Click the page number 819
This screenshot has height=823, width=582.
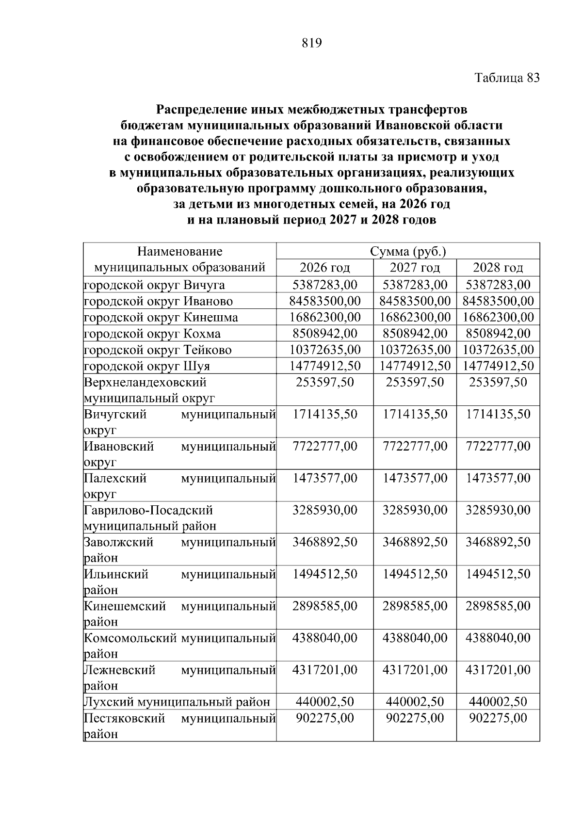click(x=312, y=44)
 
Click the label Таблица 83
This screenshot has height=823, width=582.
click(x=507, y=78)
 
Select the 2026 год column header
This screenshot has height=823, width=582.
click(x=324, y=268)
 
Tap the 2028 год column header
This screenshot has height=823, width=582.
click(x=498, y=268)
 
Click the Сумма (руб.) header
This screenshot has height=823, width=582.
click(x=408, y=252)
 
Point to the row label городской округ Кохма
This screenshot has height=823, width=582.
click(x=152, y=334)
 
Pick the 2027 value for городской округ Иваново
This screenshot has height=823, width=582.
click(x=415, y=301)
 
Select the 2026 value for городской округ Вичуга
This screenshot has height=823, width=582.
click(x=324, y=285)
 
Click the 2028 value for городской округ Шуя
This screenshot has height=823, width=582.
click(x=498, y=366)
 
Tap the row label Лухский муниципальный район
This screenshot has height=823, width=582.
click(x=177, y=702)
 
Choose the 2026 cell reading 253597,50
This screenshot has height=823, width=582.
click(x=324, y=382)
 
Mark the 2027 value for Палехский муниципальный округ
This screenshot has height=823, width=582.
click(x=415, y=479)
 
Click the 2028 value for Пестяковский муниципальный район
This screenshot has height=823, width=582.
click(x=498, y=718)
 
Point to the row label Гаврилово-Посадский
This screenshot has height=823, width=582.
click(x=148, y=510)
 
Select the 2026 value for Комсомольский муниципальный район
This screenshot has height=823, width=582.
click(x=324, y=638)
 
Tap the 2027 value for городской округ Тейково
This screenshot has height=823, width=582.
click(x=415, y=350)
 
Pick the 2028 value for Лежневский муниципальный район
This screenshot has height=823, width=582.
click(x=498, y=670)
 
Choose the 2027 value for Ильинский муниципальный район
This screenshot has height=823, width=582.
click(x=415, y=574)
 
